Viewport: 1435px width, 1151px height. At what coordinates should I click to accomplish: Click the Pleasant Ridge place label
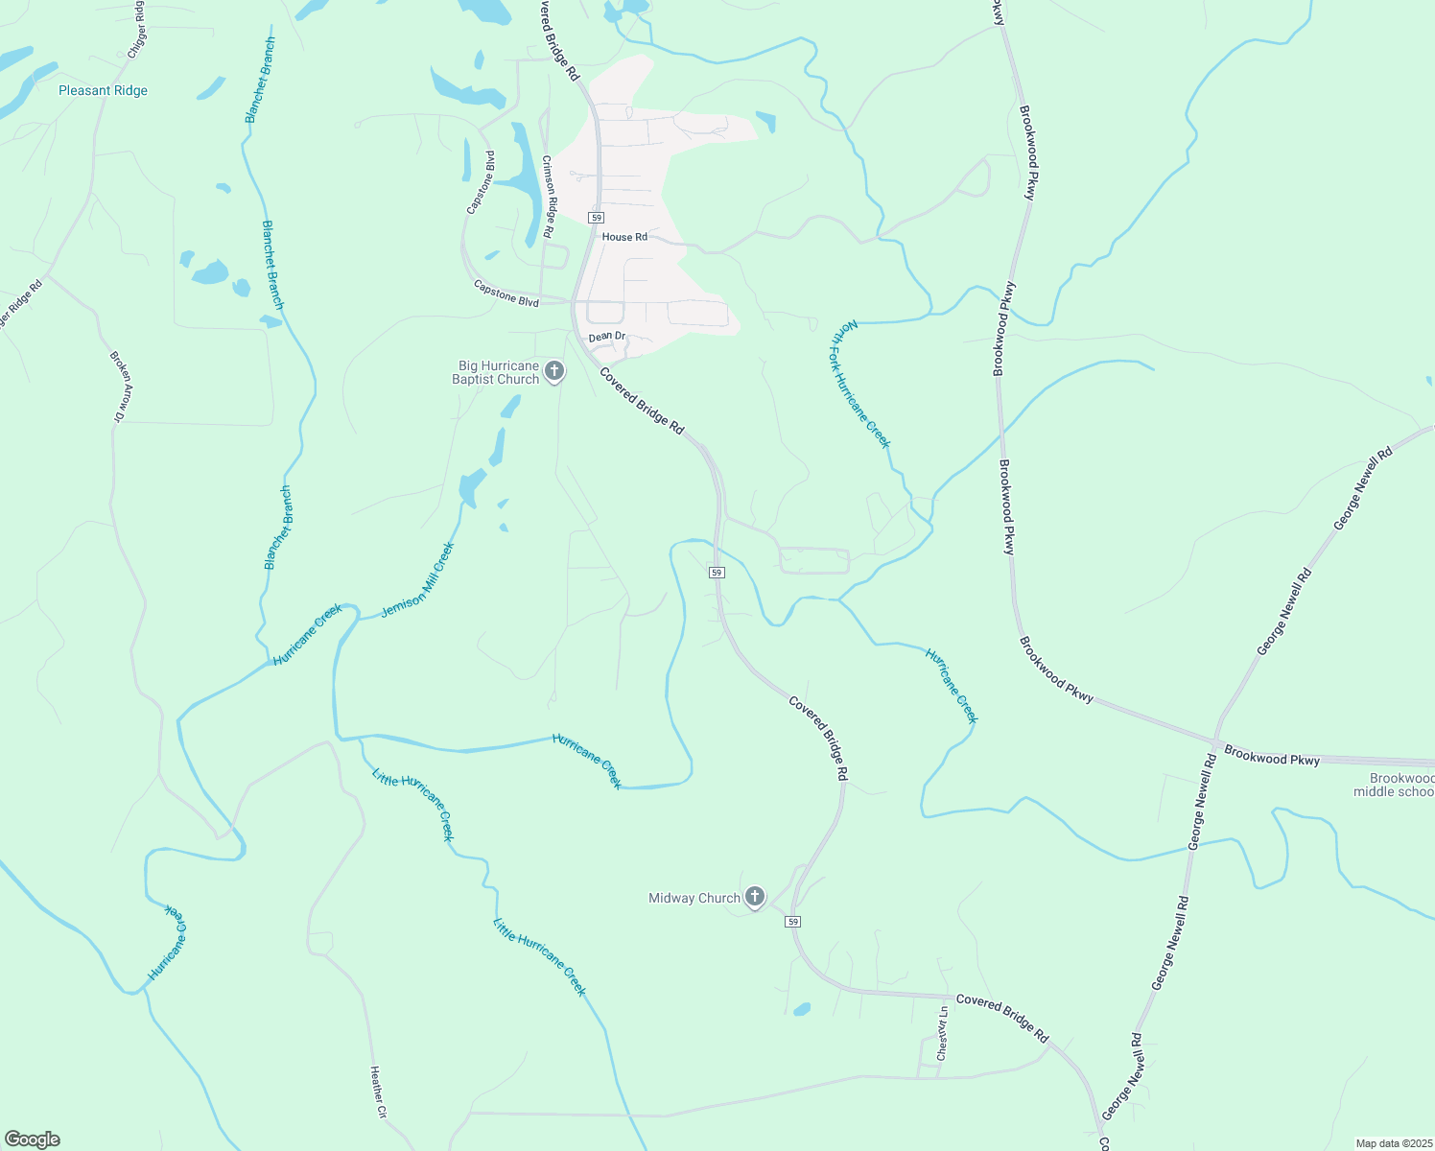click(103, 91)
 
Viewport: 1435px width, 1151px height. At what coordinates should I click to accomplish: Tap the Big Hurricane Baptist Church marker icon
click(553, 371)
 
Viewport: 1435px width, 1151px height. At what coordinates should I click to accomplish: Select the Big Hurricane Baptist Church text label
click(497, 373)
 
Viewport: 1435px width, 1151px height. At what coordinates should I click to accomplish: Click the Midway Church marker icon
click(755, 897)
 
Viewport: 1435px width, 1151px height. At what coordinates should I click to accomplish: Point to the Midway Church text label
click(694, 899)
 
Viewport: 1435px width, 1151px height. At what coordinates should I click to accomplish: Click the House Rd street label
click(624, 237)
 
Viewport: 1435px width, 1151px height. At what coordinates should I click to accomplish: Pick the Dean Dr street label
click(606, 337)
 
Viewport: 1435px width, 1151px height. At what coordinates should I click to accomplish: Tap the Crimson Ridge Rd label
click(548, 197)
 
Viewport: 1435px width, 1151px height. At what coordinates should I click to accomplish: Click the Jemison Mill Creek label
click(417, 580)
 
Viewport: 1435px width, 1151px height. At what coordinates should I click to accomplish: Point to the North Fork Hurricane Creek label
click(859, 384)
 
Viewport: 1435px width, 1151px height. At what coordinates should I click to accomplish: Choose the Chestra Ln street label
click(943, 1033)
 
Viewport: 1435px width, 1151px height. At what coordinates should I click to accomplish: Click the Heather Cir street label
click(377, 1093)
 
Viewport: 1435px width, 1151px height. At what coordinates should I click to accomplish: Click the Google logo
click(32, 1139)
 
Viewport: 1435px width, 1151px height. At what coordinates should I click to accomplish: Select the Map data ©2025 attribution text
click(1393, 1143)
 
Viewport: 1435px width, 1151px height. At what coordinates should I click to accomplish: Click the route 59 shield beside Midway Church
click(792, 922)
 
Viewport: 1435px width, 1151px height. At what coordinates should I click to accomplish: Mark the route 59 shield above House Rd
click(597, 218)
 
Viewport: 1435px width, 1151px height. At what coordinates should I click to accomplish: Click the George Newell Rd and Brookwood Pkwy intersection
click(1214, 743)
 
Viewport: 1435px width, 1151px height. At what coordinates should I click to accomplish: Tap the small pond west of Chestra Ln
click(802, 1009)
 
